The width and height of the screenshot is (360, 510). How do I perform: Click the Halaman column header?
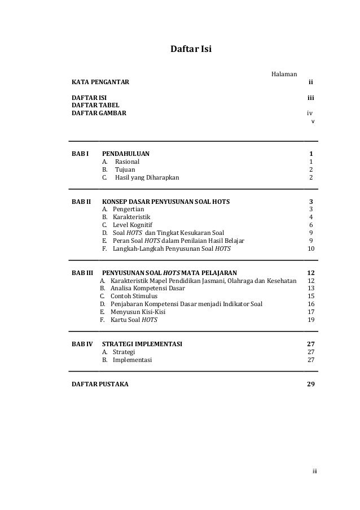pyautogui.click(x=285, y=74)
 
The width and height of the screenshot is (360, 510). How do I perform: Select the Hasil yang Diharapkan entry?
pyautogui.click(x=147, y=177)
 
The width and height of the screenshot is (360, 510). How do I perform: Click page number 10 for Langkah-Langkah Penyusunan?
pyautogui.click(x=310, y=249)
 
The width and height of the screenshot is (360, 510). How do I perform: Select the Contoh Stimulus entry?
pyautogui.click(x=134, y=296)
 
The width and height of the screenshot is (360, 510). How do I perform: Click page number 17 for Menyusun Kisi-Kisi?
pyautogui.click(x=310, y=312)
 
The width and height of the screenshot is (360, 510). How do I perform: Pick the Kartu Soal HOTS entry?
pyautogui.click(x=134, y=320)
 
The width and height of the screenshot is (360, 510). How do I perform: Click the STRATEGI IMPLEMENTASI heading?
pyautogui.click(x=142, y=344)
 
